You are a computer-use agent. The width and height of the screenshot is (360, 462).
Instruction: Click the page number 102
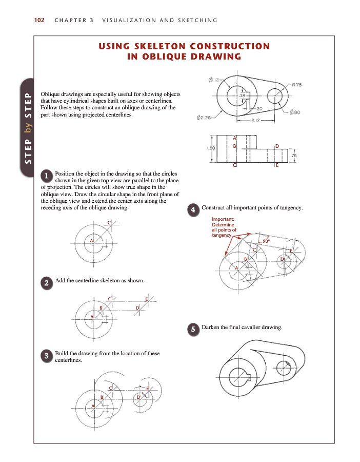39,21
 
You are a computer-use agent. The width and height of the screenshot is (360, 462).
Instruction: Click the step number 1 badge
46,176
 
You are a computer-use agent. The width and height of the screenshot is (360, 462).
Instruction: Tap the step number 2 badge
46,283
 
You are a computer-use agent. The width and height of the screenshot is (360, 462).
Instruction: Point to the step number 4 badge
193,209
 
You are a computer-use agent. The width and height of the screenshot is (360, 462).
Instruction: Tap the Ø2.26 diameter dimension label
204,119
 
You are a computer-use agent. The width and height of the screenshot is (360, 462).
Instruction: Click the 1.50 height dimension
210,148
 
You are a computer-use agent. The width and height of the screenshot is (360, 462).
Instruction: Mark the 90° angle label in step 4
266,240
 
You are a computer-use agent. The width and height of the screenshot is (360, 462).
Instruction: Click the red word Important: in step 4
223,220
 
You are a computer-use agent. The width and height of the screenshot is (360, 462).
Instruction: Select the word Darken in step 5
212,327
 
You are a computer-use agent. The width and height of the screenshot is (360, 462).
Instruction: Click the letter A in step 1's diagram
91,240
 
